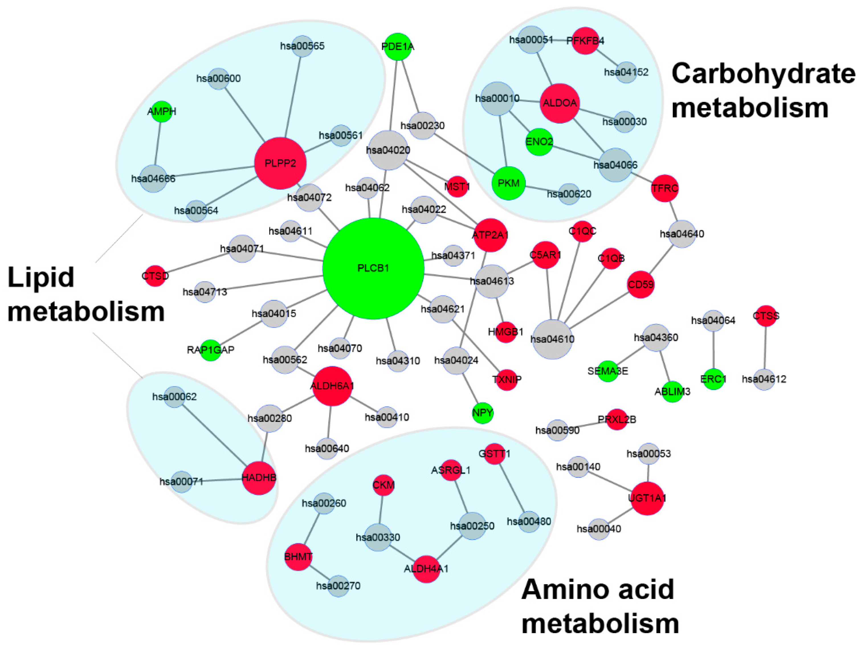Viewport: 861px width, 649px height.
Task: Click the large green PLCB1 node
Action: click(373, 268)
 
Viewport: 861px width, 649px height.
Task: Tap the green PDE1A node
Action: click(397, 47)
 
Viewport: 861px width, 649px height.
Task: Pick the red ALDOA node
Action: click(560, 103)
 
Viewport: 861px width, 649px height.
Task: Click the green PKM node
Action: click(508, 183)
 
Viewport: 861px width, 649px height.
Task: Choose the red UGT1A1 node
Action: click(647, 498)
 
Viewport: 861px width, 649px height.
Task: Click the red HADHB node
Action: click(259, 478)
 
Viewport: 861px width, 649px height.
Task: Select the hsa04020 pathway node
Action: click(388, 150)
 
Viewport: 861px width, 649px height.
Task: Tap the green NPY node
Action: click(483, 413)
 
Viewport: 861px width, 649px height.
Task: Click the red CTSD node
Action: click(155, 276)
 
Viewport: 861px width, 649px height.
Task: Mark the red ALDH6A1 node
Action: click(332, 386)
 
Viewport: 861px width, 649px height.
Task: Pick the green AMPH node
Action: click(162, 111)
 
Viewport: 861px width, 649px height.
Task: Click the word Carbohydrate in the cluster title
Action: click(763, 74)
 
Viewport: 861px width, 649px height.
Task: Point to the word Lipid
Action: click(41, 277)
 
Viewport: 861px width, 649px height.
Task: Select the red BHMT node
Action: click(298, 557)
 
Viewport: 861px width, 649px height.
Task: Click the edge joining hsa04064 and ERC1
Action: click(713, 349)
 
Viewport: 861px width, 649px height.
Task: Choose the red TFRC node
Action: click(664, 188)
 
